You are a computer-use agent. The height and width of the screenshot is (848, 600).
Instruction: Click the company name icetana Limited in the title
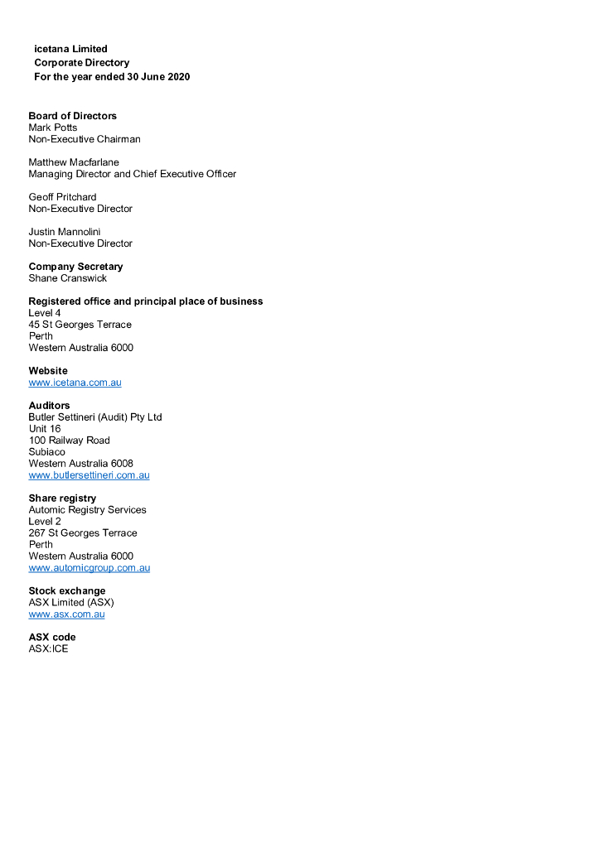70,49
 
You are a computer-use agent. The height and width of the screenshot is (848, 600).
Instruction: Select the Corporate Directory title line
81,63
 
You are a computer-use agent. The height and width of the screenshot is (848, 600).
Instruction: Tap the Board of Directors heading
72,116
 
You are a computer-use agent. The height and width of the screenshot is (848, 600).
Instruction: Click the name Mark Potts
52,128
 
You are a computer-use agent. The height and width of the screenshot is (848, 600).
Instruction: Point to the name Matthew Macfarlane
74,162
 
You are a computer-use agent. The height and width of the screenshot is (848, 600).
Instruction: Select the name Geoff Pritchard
62,197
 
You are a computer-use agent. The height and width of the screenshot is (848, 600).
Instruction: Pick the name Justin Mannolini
65,232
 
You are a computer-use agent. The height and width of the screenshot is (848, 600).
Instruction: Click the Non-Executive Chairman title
85,139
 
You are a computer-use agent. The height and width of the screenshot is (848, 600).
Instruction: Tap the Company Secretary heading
75,267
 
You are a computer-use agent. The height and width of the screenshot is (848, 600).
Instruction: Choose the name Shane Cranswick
67,278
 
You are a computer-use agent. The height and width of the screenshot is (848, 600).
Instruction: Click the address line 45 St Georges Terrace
80,325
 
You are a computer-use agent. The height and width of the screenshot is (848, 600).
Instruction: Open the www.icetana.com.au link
75,383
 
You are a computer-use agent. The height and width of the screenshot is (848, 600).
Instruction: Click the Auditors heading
49,406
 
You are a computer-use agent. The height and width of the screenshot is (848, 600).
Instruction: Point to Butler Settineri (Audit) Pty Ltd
95,417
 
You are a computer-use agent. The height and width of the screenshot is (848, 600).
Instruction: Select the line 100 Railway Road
69,441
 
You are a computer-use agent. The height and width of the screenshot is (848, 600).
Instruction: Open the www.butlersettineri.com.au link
89,475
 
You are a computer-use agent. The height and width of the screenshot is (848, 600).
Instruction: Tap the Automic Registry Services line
87,510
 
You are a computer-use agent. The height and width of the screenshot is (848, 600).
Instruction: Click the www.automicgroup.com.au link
89,568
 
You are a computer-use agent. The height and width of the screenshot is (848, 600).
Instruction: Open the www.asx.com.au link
66,614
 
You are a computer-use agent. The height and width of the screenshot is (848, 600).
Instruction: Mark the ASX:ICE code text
48,649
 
